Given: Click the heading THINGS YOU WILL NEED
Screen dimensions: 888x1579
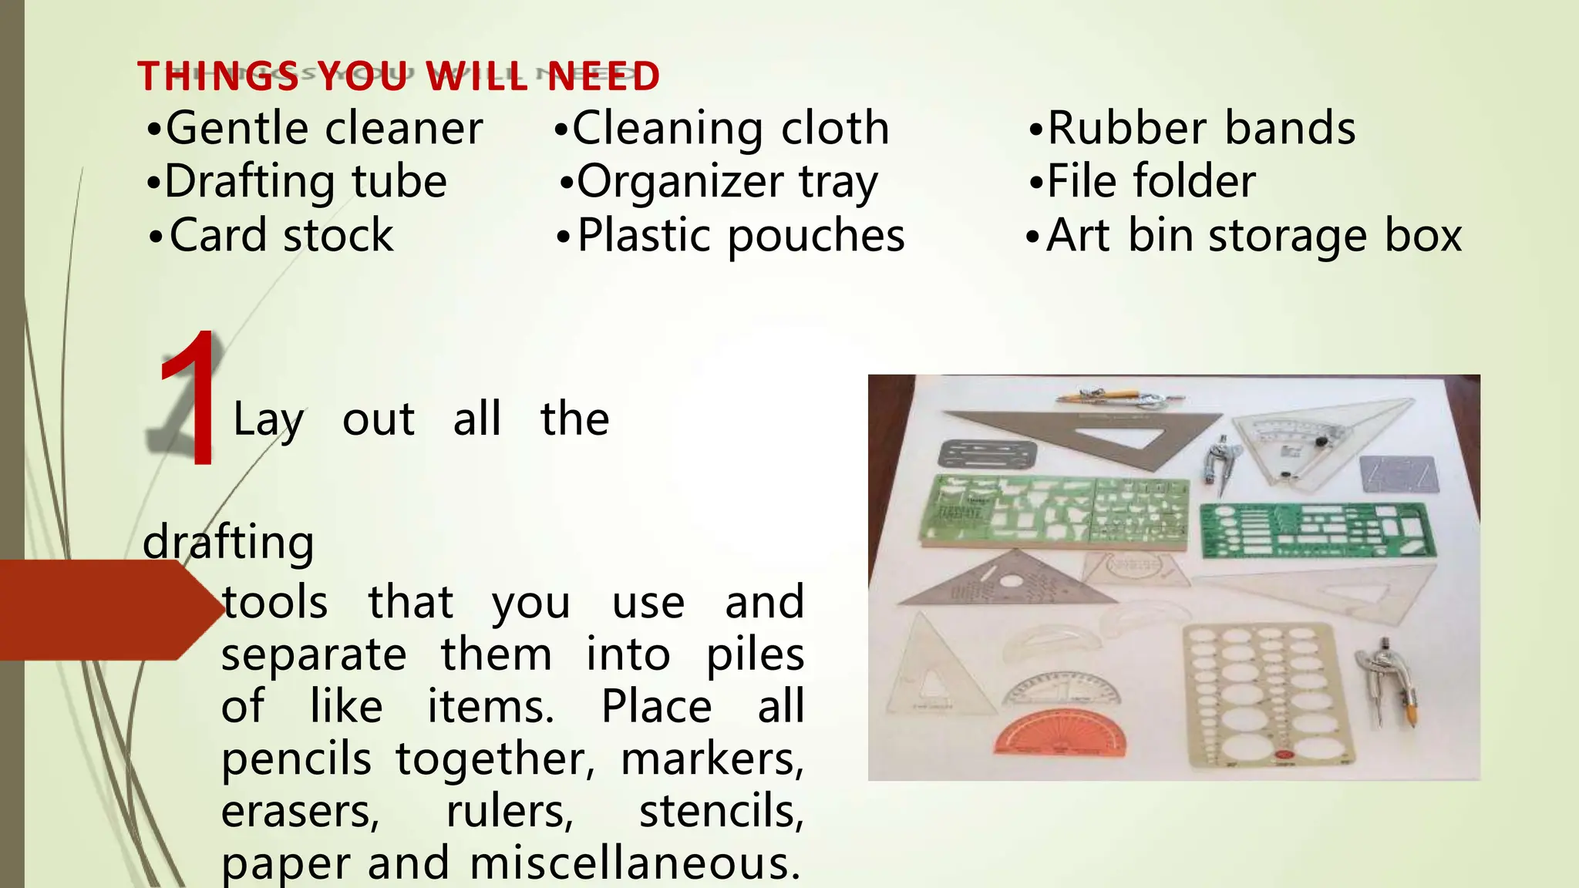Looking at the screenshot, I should [399, 76].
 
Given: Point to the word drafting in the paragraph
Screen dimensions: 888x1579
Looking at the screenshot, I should [229, 542].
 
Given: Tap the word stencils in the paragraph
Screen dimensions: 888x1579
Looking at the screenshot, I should [721, 812].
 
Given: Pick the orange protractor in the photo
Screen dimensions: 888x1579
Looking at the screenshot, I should [1059, 732].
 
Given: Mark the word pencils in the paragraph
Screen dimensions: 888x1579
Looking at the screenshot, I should [297, 759].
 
